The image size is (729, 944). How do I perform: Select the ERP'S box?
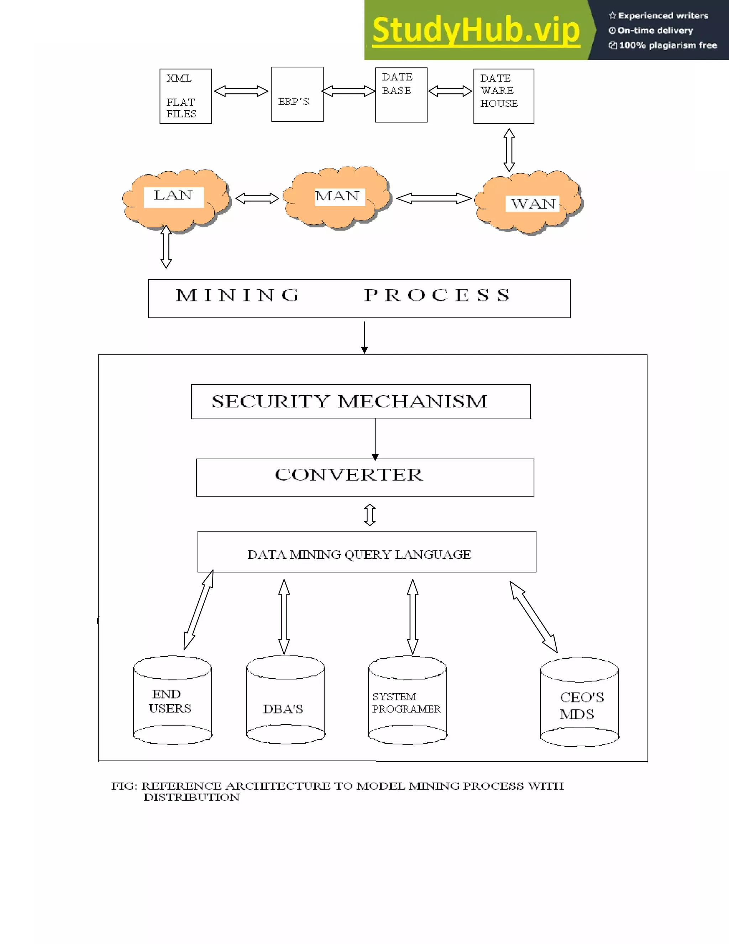(297, 94)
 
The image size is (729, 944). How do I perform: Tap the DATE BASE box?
(401, 95)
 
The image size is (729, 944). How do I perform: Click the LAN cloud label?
(173, 196)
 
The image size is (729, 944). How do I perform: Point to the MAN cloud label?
(338, 196)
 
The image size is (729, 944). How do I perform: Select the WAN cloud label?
(532, 203)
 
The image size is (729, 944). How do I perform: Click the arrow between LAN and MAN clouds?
(257, 198)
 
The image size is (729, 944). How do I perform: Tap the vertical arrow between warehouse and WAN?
(509, 150)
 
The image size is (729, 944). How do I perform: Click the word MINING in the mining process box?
(237, 296)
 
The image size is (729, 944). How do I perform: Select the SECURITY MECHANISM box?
(361, 401)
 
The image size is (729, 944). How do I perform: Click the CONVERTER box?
(364, 477)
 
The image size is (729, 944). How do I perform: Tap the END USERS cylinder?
(172, 700)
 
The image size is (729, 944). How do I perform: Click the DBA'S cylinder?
(285, 700)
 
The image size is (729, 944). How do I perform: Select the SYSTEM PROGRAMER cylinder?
(407, 700)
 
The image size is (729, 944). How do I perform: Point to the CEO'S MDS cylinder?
(579, 702)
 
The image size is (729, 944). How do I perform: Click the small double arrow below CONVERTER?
(370, 514)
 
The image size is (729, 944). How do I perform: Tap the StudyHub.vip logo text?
(476, 30)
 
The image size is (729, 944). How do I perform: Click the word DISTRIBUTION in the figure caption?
(191, 798)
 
